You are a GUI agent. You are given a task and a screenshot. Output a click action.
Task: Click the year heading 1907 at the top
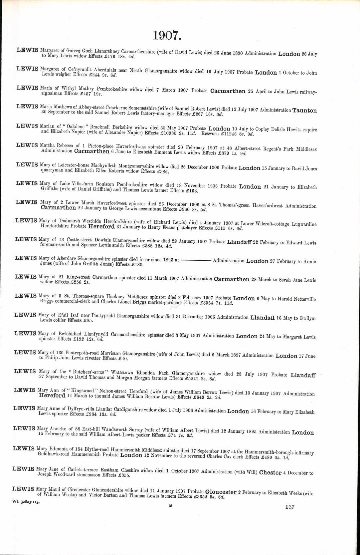[x=167, y=35]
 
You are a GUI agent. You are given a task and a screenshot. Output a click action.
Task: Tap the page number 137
[x=289, y=507]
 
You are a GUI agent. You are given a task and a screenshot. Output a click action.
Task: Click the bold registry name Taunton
[x=304, y=111]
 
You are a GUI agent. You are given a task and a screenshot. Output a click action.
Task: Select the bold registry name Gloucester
[x=221, y=492]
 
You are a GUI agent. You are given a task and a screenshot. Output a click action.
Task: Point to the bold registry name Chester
[x=270, y=472]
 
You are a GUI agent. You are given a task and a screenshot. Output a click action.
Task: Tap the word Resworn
[x=210, y=134]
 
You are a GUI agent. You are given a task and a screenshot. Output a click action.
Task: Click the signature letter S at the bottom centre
[x=170, y=505]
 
